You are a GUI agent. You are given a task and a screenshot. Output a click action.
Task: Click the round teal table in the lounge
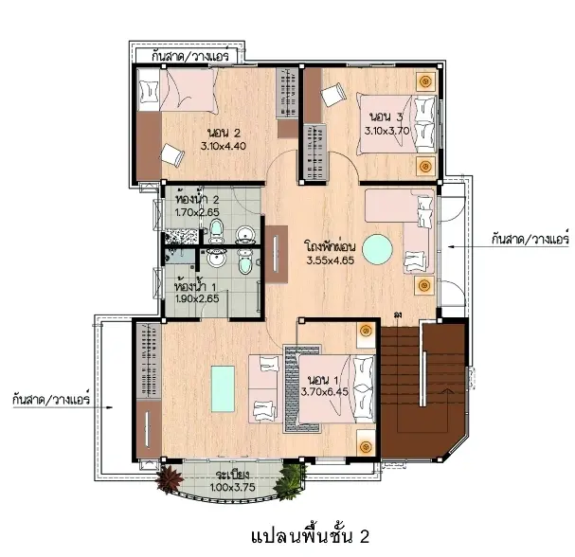[x=377, y=249]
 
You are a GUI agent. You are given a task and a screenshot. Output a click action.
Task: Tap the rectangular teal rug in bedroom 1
[x=223, y=388]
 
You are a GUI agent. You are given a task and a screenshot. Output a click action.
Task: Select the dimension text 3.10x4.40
[x=223, y=146]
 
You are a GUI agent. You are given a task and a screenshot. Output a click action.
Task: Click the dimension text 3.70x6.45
[x=325, y=391]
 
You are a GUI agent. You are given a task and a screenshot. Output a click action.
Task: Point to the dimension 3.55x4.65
[x=331, y=261]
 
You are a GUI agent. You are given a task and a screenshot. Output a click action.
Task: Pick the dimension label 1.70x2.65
[x=197, y=212]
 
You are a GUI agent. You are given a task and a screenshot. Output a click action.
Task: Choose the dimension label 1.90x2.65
[x=197, y=298]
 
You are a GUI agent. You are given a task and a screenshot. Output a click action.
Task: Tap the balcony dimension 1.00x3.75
[x=232, y=487]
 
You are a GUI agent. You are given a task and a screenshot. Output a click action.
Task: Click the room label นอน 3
[x=386, y=117]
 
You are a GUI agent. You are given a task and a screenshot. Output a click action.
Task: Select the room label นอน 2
[x=224, y=133]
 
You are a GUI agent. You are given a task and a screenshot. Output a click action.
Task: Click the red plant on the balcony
[x=170, y=477]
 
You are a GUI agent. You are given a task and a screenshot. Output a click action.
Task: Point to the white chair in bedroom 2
[x=172, y=154]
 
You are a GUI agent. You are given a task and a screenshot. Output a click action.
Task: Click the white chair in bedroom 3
[x=333, y=95]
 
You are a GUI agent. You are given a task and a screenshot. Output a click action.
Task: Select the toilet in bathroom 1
[x=244, y=262]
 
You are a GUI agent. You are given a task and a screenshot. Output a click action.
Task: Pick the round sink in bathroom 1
[x=217, y=259]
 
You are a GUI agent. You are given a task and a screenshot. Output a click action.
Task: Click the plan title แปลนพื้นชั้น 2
[x=311, y=536]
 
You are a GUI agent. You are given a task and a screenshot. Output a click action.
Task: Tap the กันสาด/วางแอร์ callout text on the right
[x=530, y=239]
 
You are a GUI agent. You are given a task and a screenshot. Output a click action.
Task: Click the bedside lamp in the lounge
[x=424, y=285]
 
